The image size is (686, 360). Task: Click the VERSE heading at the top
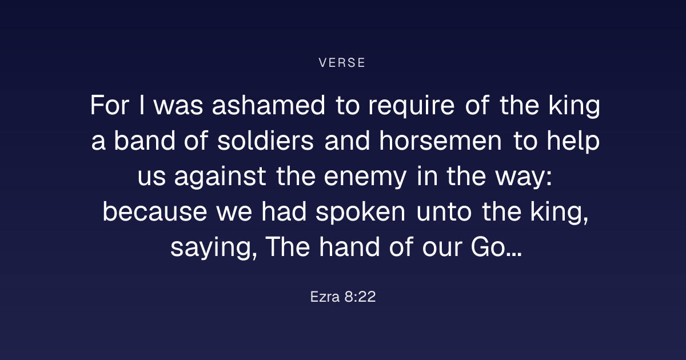342,63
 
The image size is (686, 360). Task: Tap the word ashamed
268,105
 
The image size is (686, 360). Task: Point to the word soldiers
265,141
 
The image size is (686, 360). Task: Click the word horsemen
440,141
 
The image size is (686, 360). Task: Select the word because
155,211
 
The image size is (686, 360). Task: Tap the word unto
444,212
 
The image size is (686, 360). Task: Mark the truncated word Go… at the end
496,247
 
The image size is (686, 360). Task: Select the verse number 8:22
360,297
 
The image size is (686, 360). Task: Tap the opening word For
109,105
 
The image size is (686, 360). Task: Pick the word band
145,141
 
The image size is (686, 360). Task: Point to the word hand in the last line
349,247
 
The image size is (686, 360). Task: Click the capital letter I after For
142,105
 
